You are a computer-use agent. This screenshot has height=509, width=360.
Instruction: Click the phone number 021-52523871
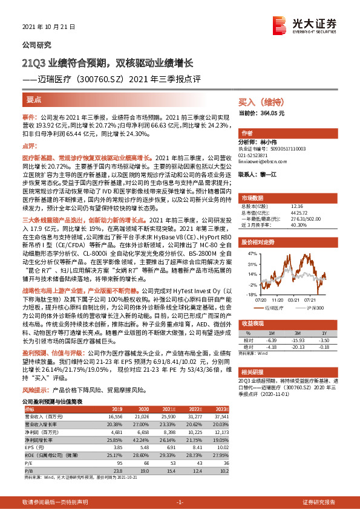(256, 154)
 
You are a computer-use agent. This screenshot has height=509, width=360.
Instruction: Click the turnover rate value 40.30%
(282, 224)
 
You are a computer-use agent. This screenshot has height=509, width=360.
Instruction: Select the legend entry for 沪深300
(315, 308)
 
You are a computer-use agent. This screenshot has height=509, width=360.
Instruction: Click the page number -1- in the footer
(180, 502)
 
